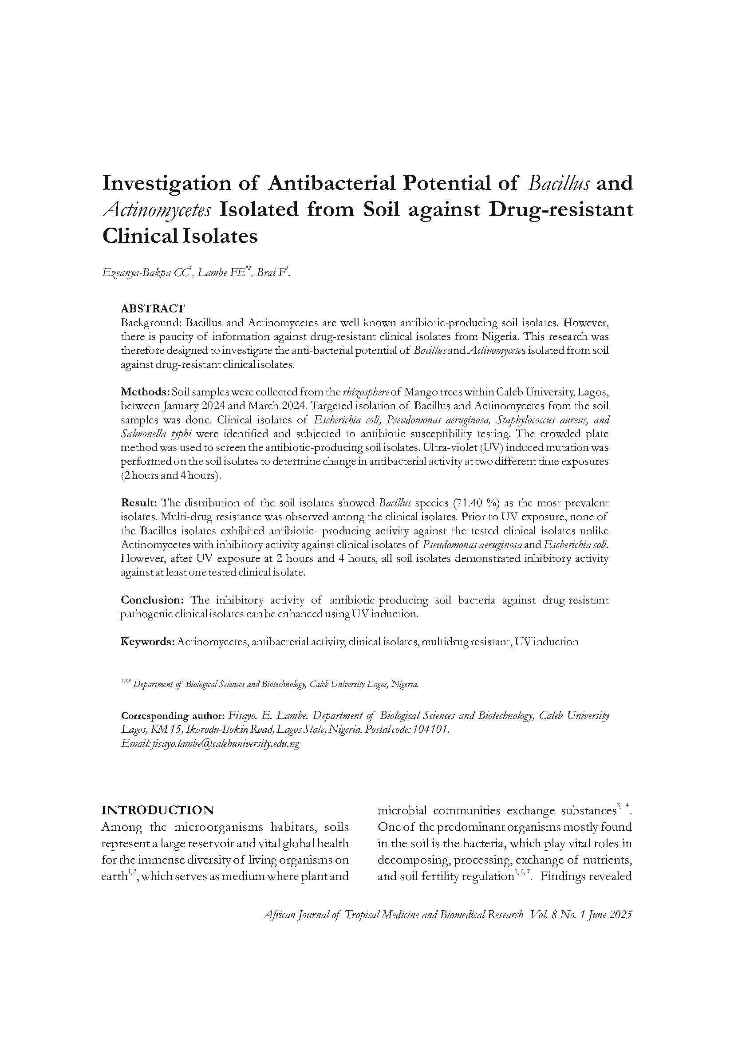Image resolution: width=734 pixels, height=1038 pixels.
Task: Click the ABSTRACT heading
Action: coord(152,309)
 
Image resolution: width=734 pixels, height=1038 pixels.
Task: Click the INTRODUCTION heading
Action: coord(157,810)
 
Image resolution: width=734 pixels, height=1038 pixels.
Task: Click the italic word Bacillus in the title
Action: coord(559,183)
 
